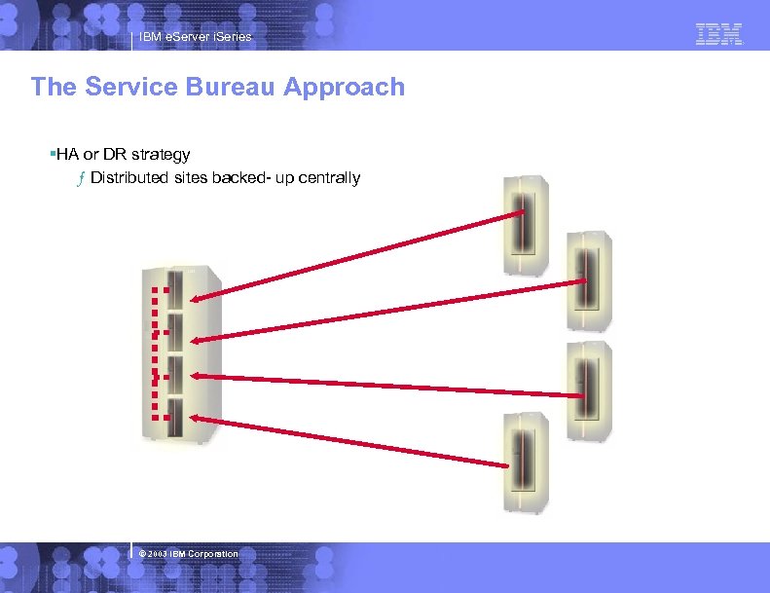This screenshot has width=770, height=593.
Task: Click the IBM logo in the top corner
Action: (x=719, y=34)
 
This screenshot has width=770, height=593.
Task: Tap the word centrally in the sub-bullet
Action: (x=328, y=178)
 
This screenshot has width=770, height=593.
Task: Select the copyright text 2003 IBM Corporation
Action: (x=190, y=554)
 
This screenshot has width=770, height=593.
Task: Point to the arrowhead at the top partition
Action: (x=199, y=300)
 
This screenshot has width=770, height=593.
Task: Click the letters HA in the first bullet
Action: (x=67, y=154)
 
